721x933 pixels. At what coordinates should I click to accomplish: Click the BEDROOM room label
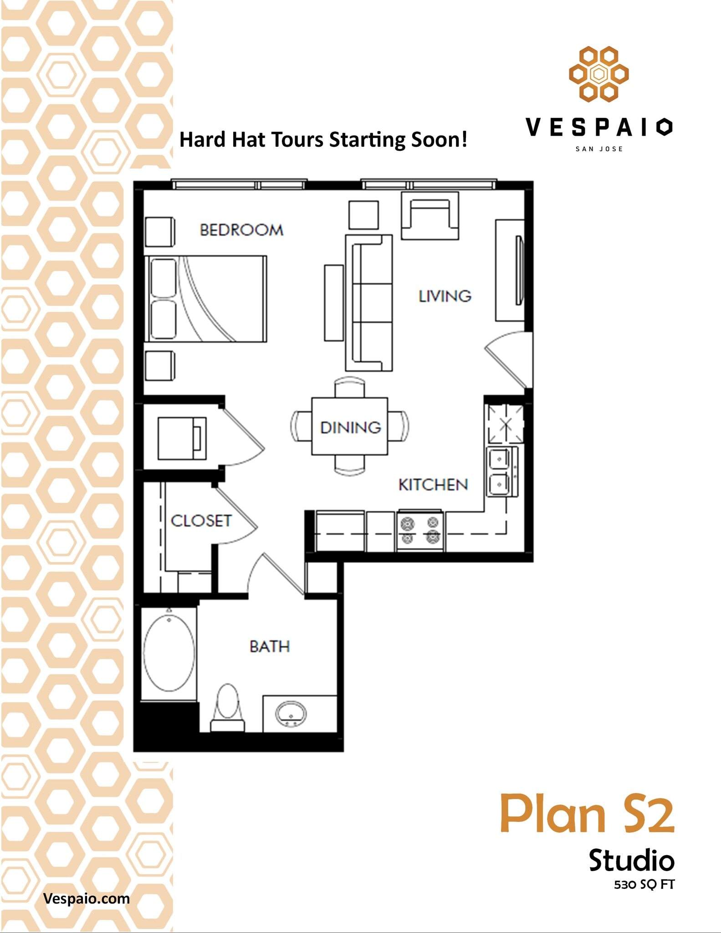pos(241,230)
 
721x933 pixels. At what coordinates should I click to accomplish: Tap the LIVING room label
pos(445,297)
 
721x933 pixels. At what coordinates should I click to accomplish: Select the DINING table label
pos(350,427)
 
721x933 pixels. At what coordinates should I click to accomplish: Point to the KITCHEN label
pos(433,485)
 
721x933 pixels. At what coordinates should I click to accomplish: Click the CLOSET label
pos(201,521)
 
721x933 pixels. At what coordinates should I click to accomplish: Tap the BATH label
pos(270,646)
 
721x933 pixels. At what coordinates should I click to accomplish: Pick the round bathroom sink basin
pos(290,714)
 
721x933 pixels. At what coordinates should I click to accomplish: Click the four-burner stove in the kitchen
pos(420,531)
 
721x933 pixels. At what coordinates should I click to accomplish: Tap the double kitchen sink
pos(500,472)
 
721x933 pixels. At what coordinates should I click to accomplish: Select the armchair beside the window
pos(430,216)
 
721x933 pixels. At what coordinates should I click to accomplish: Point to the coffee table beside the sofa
pos(334,303)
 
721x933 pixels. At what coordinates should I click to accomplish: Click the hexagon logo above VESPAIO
pos(598,74)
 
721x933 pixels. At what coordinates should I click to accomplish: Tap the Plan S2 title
pos(587,814)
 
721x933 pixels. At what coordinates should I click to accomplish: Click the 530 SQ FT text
pos(644,885)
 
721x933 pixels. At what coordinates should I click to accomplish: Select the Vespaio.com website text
pos(86,898)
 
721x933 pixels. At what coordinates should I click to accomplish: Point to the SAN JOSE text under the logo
pos(599,149)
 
